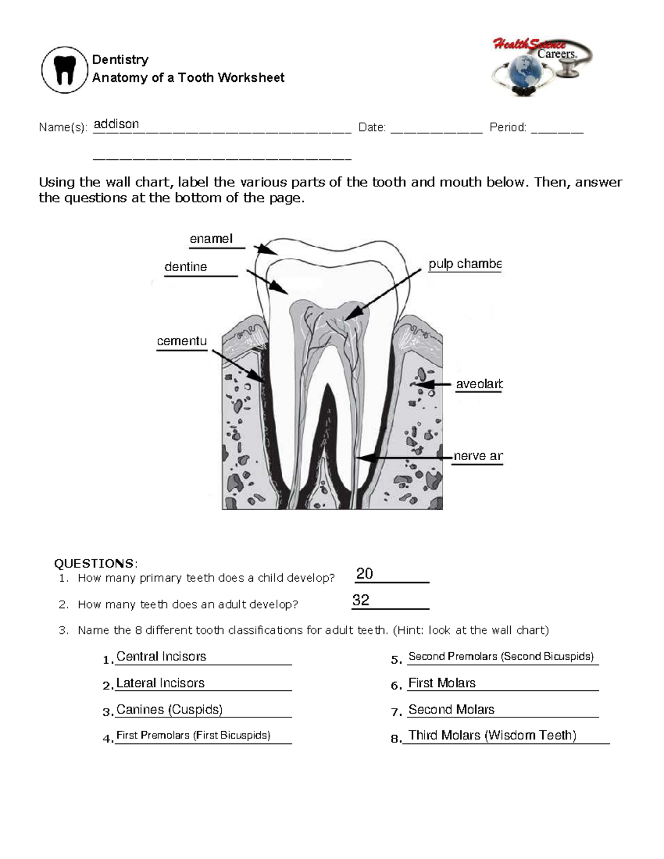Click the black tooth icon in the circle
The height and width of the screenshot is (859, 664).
[x=65, y=70]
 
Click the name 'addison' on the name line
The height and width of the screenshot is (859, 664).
[x=116, y=124]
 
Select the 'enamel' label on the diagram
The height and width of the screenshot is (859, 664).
[x=211, y=238]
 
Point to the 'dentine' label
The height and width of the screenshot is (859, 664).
[x=185, y=267]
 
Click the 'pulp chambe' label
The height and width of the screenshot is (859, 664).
[x=465, y=264]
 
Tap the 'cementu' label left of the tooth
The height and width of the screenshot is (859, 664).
[x=181, y=341]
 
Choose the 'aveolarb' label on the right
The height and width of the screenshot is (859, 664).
[x=479, y=384]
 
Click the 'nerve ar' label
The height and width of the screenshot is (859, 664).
[x=478, y=456]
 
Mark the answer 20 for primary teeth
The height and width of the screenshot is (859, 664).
[x=365, y=574]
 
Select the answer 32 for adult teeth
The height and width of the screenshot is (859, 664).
[x=361, y=600]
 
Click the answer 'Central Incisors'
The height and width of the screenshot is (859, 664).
[x=161, y=657]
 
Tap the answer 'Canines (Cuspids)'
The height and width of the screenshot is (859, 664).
[x=169, y=710]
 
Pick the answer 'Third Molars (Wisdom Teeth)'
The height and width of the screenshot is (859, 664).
[x=492, y=735]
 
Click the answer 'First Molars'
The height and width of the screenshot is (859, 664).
[x=442, y=683]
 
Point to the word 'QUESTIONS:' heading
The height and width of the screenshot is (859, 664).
[x=95, y=563]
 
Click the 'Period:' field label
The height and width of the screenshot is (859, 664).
[x=507, y=127]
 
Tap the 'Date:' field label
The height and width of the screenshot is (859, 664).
[x=372, y=127]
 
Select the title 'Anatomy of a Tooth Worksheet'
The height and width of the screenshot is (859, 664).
[x=188, y=77]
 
